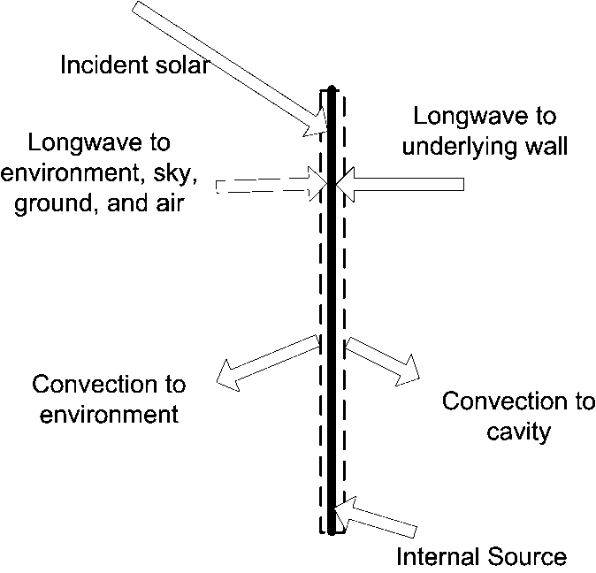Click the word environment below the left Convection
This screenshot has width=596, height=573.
(105, 413)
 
